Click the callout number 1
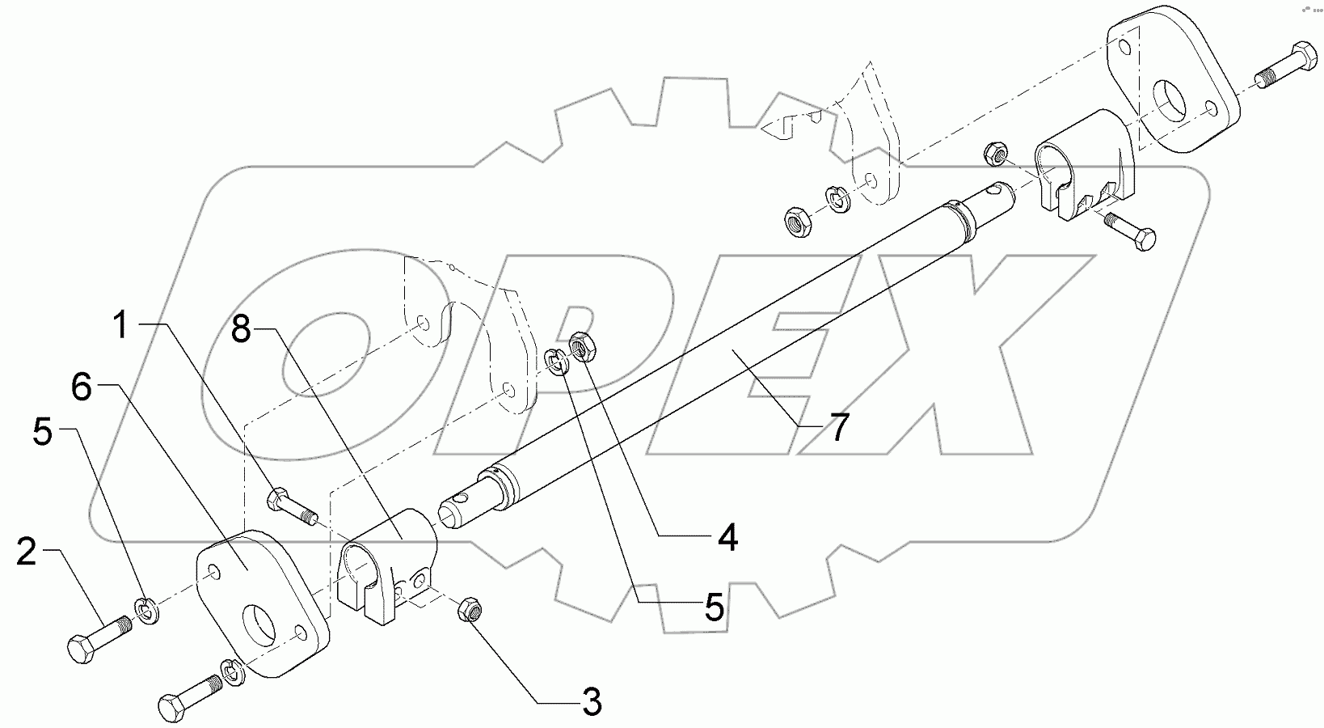pyautogui.click(x=120, y=327)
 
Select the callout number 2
pyautogui.click(x=27, y=553)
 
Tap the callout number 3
pyautogui.click(x=592, y=701)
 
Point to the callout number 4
pyautogui.click(x=727, y=537)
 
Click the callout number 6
pyautogui.click(x=81, y=387)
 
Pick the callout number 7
pyautogui.click(x=838, y=427)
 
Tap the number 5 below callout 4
pyautogui.click(x=713, y=607)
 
